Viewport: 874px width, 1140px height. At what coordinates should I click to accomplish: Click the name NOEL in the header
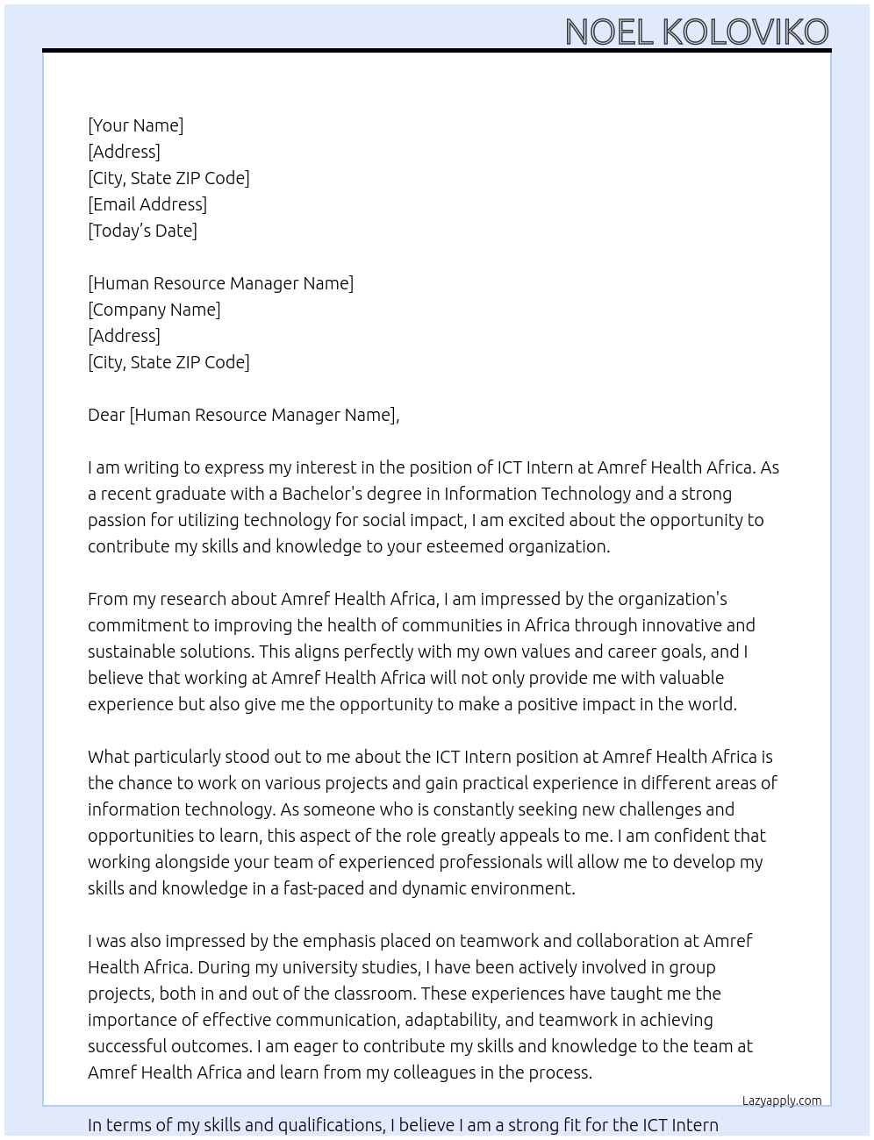click(610, 32)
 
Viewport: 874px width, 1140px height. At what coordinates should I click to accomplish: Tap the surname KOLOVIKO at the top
click(745, 32)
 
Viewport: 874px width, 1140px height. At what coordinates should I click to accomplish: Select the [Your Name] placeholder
click(136, 125)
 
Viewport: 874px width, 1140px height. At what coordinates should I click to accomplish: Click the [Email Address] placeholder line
click(147, 204)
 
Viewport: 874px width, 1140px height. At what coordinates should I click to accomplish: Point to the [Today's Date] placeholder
click(142, 231)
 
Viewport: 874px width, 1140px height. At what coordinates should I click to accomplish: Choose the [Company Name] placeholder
click(154, 310)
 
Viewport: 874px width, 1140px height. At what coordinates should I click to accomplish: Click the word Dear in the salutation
click(106, 415)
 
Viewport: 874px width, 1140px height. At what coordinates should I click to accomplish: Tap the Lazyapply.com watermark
click(782, 1101)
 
